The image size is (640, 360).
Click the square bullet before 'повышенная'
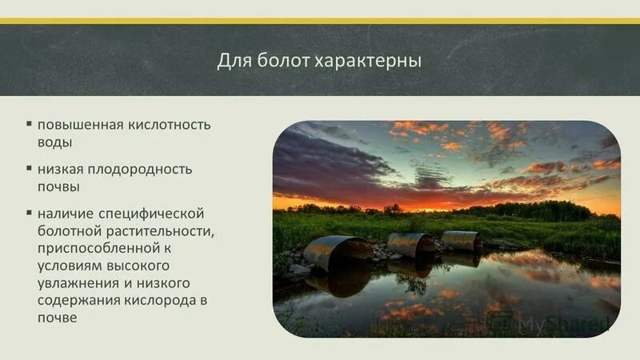[29, 125]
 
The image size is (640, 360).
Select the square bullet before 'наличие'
[29, 213]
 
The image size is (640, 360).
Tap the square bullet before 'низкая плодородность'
[29, 169]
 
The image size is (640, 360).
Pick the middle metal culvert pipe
[410, 245]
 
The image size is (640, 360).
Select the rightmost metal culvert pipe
[462, 240]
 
